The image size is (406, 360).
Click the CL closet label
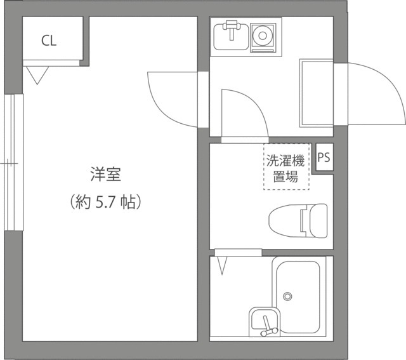coord(49,41)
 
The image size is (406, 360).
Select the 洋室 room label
coord(105,173)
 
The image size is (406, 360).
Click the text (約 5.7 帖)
coord(105,203)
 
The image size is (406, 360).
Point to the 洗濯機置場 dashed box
coord(286,167)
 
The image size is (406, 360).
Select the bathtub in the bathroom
coord(296,297)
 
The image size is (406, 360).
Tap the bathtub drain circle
coord(287,296)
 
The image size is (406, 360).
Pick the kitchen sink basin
coord(230,37)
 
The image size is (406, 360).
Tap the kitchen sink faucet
coord(231,27)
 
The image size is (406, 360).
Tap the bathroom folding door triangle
coord(223,265)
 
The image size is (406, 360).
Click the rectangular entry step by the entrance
coord(316,93)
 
